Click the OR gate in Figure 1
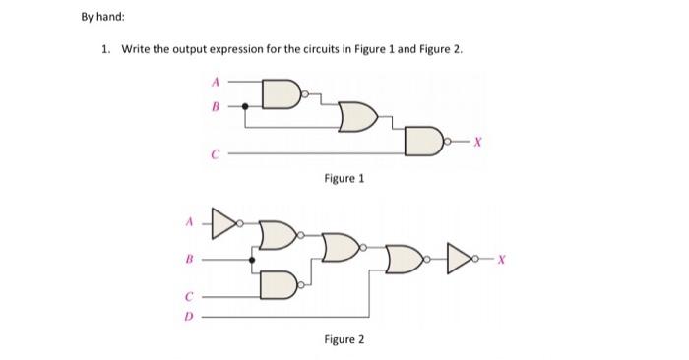click(355, 119)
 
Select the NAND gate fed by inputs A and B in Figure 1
click(282, 95)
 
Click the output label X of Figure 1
click(478, 142)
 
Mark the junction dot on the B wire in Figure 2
click(253, 260)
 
